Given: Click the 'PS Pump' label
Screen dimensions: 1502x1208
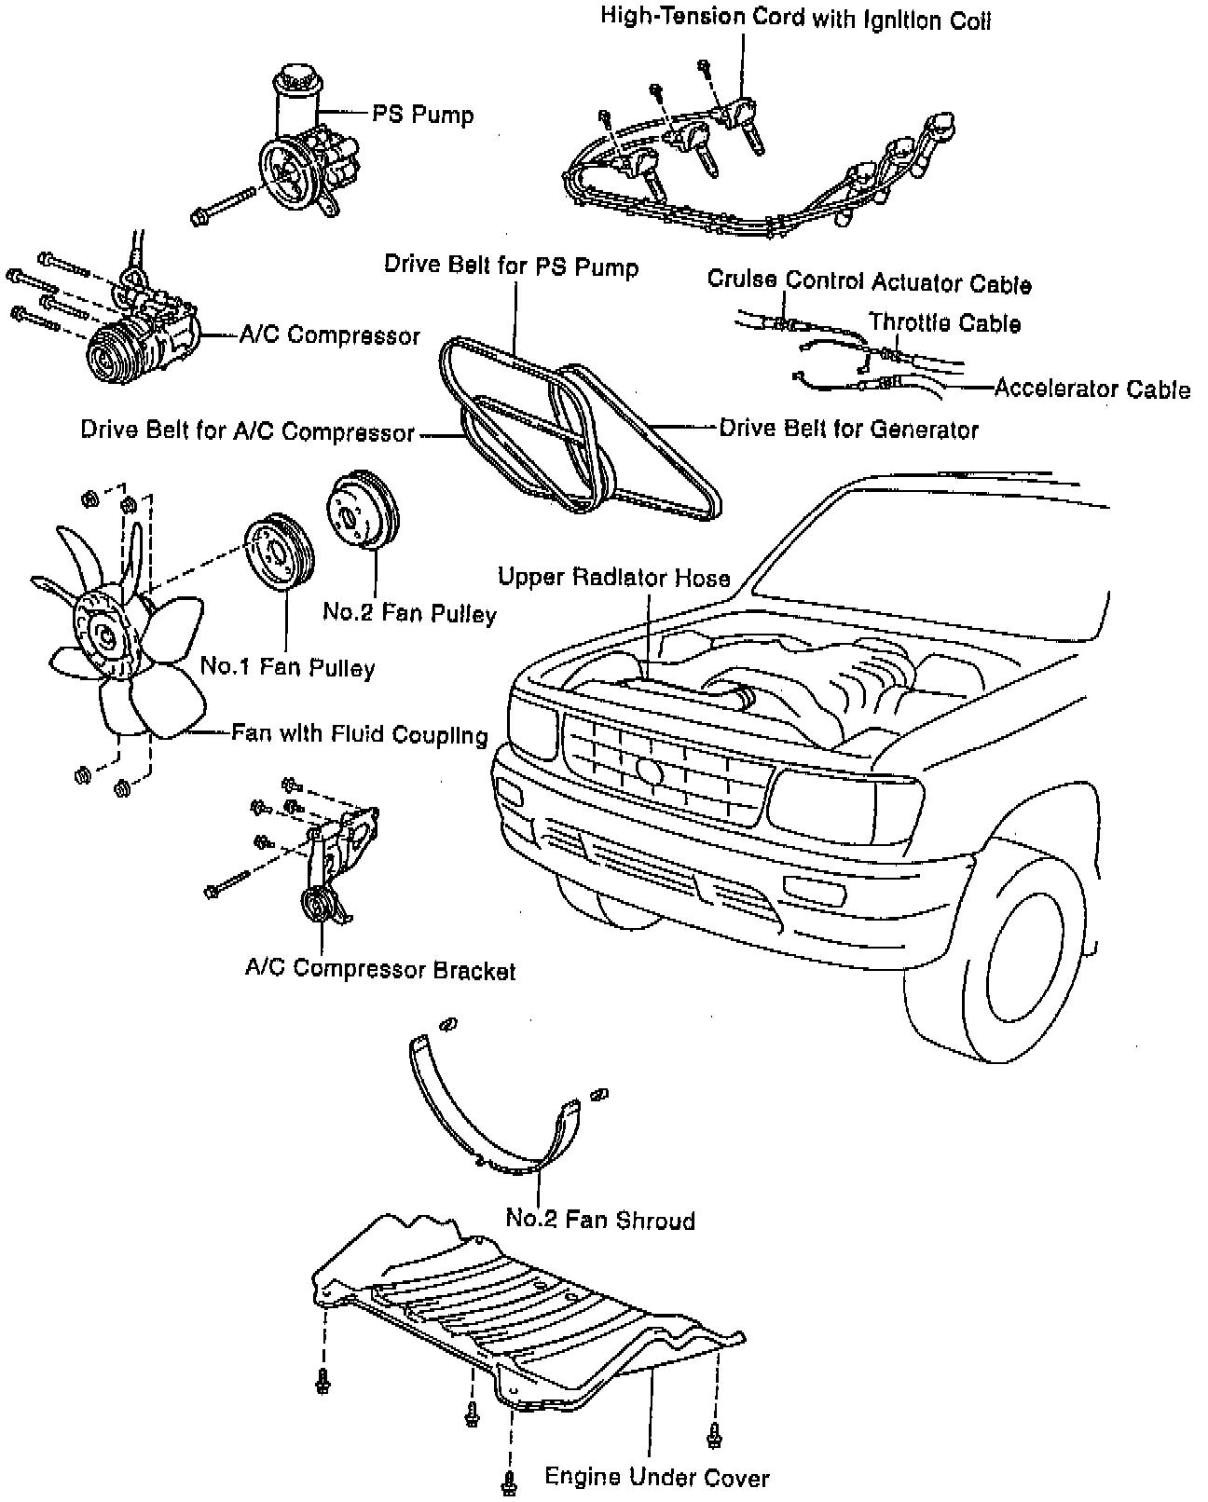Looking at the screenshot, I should point(423,116).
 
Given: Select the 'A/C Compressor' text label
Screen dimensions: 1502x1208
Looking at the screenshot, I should point(330,335).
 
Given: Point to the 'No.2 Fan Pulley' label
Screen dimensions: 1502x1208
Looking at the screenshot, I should point(409,612).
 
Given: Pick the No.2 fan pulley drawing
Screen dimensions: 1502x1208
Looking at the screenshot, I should point(363,512).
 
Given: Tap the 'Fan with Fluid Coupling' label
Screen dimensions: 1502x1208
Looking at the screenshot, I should point(360,734).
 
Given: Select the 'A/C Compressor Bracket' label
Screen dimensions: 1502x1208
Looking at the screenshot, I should point(380,970).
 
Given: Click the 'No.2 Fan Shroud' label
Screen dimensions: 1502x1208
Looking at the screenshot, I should point(600,1220).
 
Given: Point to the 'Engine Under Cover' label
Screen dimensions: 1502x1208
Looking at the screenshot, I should point(657,1477).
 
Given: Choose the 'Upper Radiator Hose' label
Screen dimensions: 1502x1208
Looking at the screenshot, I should point(613,578).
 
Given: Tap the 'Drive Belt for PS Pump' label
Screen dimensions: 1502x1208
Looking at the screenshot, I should point(512,266).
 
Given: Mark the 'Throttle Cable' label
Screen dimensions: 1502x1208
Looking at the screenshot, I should point(944,322).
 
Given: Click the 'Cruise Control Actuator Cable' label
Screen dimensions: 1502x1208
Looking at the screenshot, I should point(869,281).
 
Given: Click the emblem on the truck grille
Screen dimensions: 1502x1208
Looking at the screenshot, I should point(651,770).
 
